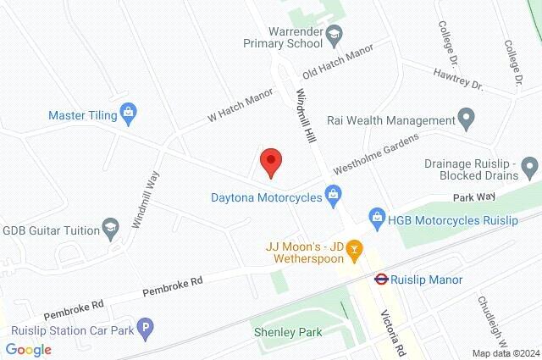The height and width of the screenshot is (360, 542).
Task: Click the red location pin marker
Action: click(270, 161)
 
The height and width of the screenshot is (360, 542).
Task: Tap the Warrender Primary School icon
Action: click(335, 35)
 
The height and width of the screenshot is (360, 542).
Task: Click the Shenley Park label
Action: click(288, 332)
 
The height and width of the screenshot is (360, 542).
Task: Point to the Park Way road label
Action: click(473, 197)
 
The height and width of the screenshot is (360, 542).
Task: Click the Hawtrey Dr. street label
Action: click(457, 82)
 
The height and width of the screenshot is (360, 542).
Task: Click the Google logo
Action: click(28, 349)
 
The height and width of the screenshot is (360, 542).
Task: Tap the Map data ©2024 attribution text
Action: click(505, 353)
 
